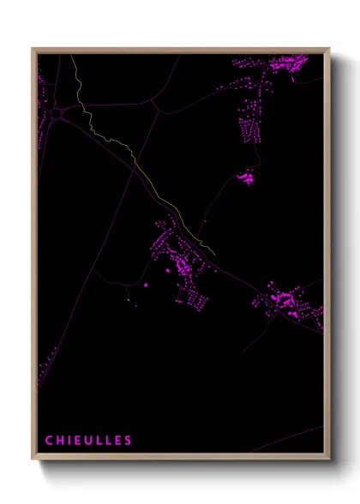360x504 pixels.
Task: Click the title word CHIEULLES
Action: tap(88, 441)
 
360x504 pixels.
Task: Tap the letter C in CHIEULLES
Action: tap(49, 441)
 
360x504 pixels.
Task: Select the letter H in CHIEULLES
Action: tap(59, 441)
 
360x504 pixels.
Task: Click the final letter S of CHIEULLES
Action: tap(129, 441)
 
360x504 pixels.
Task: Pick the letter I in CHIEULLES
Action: tap(69, 441)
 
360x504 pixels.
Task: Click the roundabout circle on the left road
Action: tap(57, 112)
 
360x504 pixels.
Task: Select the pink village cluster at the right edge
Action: tap(287, 303)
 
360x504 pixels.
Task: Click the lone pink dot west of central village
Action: tap(145, 284)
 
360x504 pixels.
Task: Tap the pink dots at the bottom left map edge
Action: tap(39, 377)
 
